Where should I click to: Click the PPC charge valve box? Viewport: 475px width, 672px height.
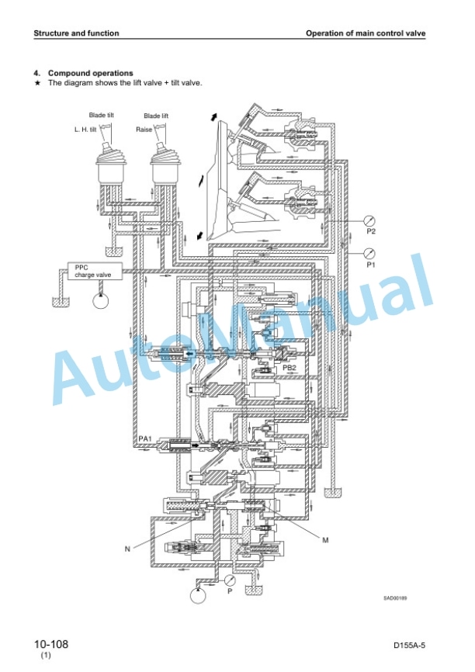pyautogui.click(x=95, y=271)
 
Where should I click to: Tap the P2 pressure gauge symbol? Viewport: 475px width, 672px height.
pyautogui.click(x=369, y=220)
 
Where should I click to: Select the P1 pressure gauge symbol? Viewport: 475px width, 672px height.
pyautogui.click(x=369, y=253)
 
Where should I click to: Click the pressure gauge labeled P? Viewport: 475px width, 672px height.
pyautogui.click(x=230, y=580)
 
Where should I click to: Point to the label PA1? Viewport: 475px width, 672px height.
pyautogui.click(x=146, y=439)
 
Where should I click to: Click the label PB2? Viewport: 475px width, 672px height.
pyautogui.click(x=289, y=367)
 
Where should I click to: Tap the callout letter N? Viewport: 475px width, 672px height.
pyautogui.click(x=127, y=549)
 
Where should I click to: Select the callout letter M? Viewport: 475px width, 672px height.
pyautogui.click(x=325, y=540)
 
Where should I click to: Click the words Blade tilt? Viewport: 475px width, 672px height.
pyautogui.click(x=102, y=115)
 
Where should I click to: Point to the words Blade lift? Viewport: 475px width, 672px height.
pyautogui.click(x=156, y=116)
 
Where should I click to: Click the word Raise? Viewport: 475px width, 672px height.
pyautogui.click(x=144, y=130)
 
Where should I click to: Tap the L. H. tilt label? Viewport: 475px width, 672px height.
pyautogui.click(x=85, y=130)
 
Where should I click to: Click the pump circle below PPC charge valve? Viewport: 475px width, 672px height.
pyautogui.click(x=101, y=300)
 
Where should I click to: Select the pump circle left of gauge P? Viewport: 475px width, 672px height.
pyautogui.click(x=198, y=595)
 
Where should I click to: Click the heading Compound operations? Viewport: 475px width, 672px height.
pyautogui.click(x=91, y=73)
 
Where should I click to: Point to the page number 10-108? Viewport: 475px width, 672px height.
pyautogui.click(x=51, y=644)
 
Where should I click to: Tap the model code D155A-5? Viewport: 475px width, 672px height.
pyautogui.click(x=409, y=646)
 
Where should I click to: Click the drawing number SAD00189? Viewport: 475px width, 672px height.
pyautogui.click(x=395, y=598)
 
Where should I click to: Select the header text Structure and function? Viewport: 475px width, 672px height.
pyautogui.click(x=76, y=33)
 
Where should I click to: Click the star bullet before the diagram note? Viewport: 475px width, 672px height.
pyautogui.click(x=38, y=83)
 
